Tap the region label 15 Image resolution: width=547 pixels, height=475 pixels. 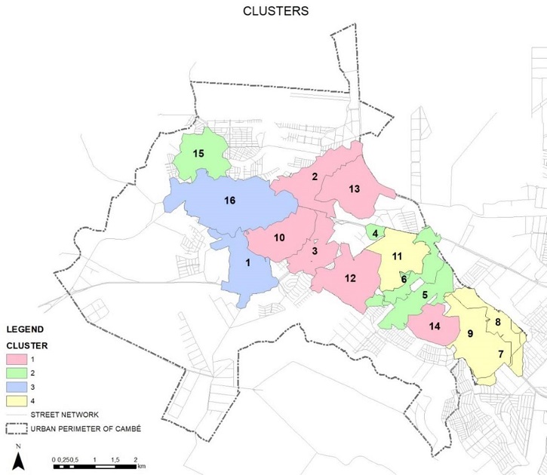198,153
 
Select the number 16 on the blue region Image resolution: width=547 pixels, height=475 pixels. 230,201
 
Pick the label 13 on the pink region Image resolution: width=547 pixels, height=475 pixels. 354,188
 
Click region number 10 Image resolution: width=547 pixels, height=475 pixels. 279,237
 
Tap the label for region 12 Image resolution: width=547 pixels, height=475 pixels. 350,278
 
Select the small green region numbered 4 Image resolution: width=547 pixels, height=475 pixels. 375,233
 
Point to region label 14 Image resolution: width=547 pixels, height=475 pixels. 434,326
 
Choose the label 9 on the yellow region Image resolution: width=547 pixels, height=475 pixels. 470,333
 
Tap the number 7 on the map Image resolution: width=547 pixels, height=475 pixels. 500,354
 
